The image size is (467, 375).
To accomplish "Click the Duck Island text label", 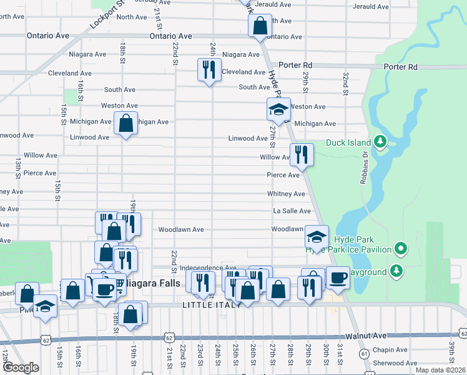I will (x=348, y=142).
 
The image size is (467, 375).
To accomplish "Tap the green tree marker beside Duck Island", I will (x=379, y=142).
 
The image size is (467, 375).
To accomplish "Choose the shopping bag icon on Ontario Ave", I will (x=259, y=26).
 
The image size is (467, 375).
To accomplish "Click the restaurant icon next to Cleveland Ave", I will (x=209, y=69).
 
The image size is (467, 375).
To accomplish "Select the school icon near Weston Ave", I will (x=278, y=109).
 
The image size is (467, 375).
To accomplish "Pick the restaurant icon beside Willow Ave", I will (x=302, y=154).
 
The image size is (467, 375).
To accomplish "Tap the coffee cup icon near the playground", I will (x=338, y=277).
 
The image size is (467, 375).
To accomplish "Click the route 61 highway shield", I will (x=363, y=352).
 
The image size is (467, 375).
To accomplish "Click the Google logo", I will (x=21, y=367).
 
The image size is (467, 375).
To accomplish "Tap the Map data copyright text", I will (x=440, y=370).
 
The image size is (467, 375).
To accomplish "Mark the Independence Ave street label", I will (x=208, y=267).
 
